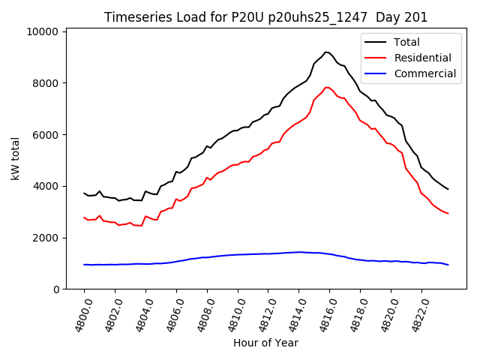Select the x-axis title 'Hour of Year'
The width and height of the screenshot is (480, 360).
(x=265, y=343)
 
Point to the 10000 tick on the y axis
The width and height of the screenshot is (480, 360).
(x=43, y=31)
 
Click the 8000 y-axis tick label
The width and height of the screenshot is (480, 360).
(x=46, y=83)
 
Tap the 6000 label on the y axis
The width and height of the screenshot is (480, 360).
(x=46, y=135)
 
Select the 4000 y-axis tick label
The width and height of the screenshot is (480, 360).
(x=46, y=186)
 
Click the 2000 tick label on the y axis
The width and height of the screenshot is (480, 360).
(x=46, y=238)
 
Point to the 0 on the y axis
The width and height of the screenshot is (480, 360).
(x=55, y=289)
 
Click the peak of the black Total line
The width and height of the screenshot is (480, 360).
(x=325, y=52)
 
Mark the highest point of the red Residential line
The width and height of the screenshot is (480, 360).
(x=326, y=87)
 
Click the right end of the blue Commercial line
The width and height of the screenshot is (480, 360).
(x=448, y=265)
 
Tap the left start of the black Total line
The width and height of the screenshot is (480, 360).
(x=84, y=193)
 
